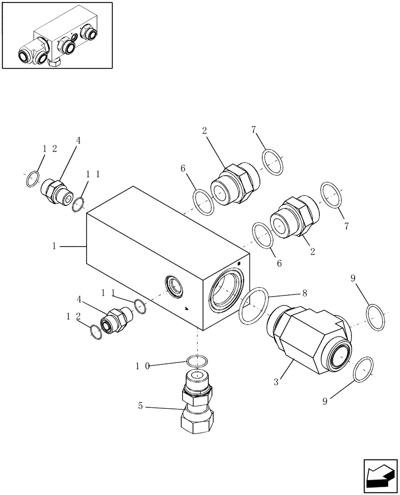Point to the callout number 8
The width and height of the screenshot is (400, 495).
(304, 293)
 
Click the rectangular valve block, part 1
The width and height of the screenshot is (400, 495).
(149, 247)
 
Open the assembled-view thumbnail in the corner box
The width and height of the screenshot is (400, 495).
(57, 36)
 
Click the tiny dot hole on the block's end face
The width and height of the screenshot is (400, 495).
(239, 263)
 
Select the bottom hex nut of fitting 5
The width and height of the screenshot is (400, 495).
(197, 421)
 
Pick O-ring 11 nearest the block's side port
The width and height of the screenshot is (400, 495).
(140, 307)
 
